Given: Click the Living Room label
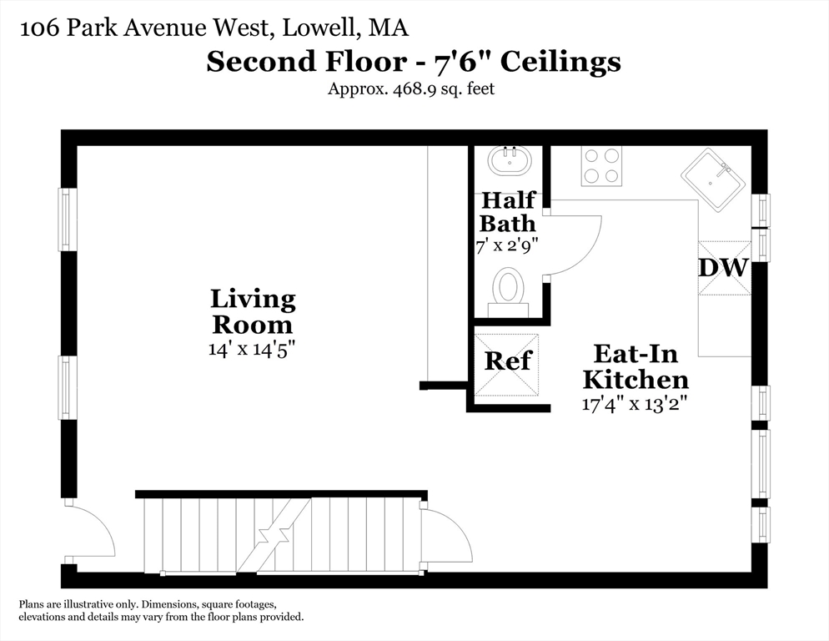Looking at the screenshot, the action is click(x=253, y=312).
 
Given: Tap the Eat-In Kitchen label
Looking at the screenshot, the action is click(x=636, y=366).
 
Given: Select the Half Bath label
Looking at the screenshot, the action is click(x=508, y=212).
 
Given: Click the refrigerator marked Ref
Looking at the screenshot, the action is click(x=506, y=365).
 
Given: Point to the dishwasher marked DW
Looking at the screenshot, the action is click(x=724, y=268).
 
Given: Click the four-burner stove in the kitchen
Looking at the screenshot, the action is click(x=601, y=166).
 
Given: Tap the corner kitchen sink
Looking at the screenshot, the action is click(x=713, y=179).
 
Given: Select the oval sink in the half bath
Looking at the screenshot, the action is click(x=510, y=161).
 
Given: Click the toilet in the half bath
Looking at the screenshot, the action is click(x=508, y=292).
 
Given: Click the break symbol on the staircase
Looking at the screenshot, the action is click(x=274, y=535).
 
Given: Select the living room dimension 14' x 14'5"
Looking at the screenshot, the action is click(x=251, y=350).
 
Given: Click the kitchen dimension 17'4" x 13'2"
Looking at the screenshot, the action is click(x=635, y=405).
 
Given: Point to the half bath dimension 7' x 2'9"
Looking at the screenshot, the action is click(x=507, y=245).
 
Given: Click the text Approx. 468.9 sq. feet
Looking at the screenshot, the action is click(x=411, y=88).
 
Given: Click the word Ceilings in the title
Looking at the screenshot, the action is click(x=560, y=62).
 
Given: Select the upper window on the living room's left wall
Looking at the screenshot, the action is click(x=66, y=220).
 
